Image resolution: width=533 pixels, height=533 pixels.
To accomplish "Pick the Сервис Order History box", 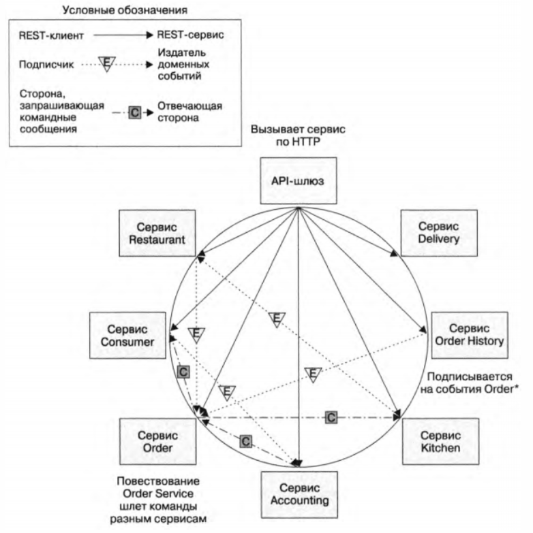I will (x=468, y=334).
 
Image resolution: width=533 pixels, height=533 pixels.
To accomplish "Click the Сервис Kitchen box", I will (x=440, y=440).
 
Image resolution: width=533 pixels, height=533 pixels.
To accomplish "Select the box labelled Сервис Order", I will (x=158, y=440).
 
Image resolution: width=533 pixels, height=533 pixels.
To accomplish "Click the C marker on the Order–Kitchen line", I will (x=331, y=417).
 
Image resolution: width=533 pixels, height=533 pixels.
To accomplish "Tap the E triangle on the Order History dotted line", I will (x=312, y=374).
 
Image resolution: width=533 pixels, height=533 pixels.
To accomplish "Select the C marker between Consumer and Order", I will (x=182, y=372).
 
